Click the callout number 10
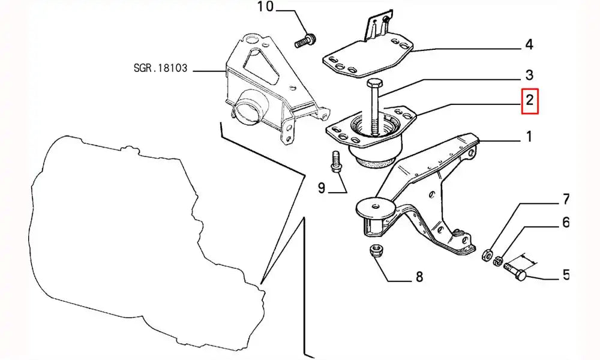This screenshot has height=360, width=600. [265, 8]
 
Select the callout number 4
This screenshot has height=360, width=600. [529, 44]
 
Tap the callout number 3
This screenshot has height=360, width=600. [529, 75]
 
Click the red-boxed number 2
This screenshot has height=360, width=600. [530, 101]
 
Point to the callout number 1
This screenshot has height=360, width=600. [529, 137]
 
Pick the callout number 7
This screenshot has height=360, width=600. [565, 199]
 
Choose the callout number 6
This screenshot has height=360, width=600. [565, 223]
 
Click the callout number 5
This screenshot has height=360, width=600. [565, 275]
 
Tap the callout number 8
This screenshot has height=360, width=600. [419, 277]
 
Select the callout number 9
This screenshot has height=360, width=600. [322, 188]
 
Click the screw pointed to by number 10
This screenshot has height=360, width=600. [304, 41]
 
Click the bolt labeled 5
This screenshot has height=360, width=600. [515, 271]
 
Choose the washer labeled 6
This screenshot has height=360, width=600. [497, 259]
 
